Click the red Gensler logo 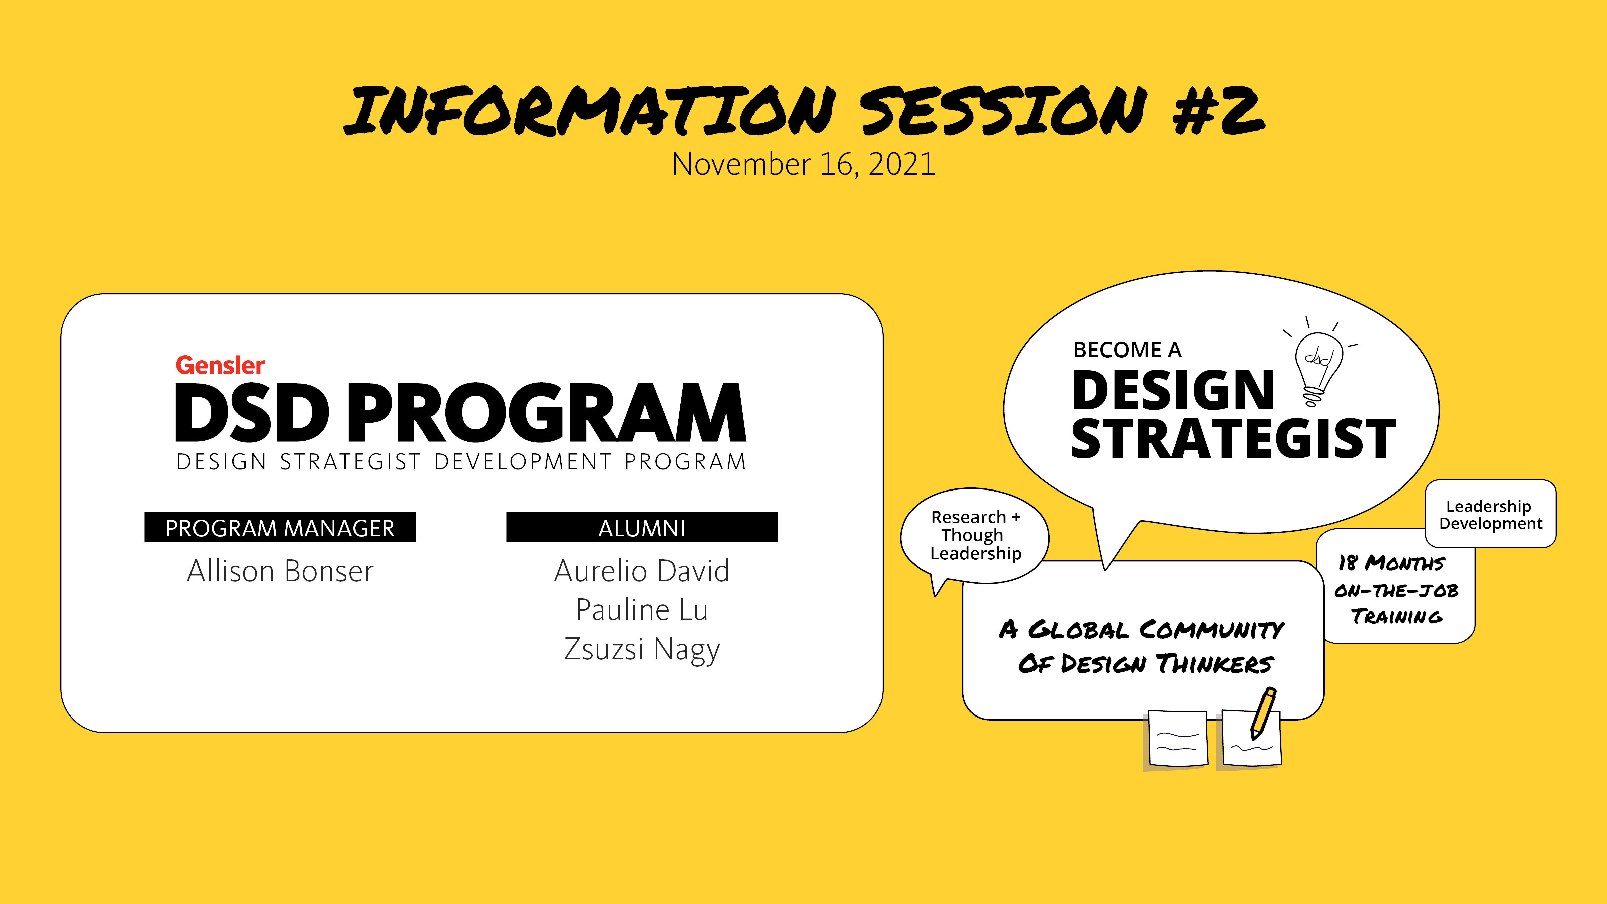tap(220, 365)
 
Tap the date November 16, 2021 tap(803, 164)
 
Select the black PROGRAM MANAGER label tap(280, 527)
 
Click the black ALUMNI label tap(642, 527)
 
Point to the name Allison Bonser tap(280, 571)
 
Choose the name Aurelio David tap(642, 571)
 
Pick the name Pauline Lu tap(642, 609)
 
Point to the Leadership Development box tap(1491, 514)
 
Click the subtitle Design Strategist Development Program tap(461, 462)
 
